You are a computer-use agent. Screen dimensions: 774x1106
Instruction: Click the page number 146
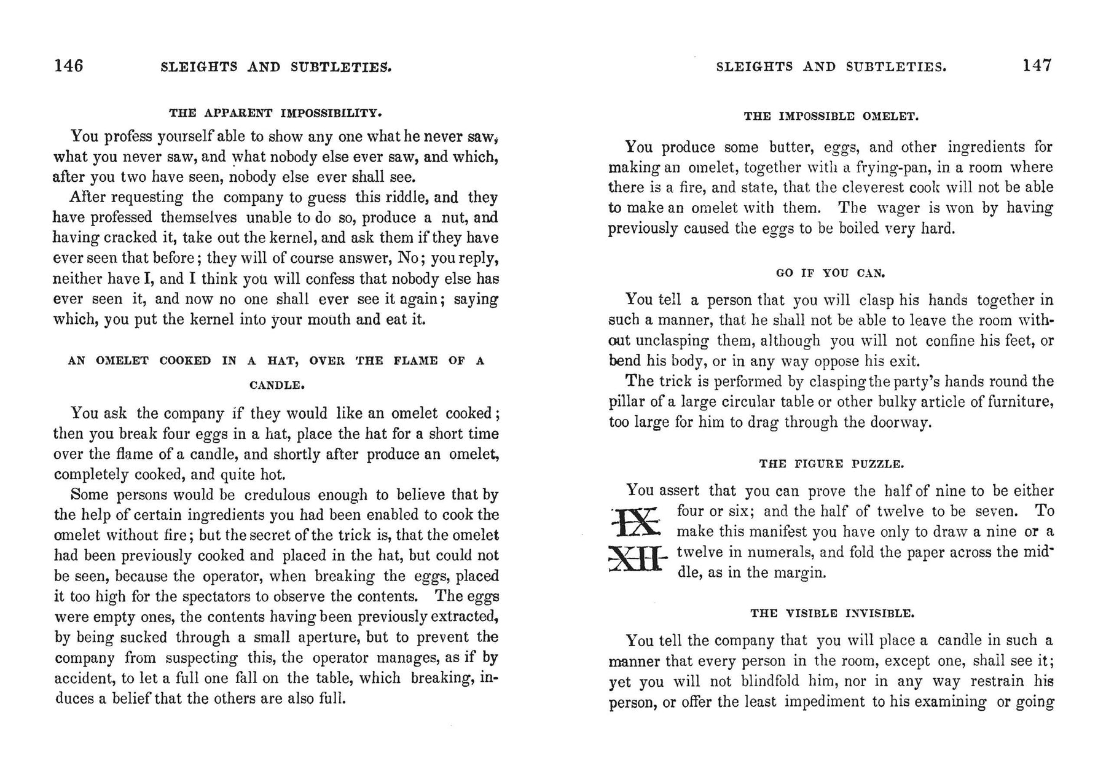point(68,65)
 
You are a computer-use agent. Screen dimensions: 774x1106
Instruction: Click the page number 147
point(1037,65)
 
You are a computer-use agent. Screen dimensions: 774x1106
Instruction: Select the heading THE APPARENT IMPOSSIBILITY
point(276,113)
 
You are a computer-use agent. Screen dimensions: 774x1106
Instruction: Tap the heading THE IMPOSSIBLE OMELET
point(831,115)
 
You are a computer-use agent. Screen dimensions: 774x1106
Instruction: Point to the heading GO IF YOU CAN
point(831,273)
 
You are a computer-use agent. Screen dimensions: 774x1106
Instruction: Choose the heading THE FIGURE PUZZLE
point(831,464)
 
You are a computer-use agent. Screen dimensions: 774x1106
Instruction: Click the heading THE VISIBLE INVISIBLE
point(832,613)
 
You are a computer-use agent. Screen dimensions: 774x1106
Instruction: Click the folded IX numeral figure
point(636,523)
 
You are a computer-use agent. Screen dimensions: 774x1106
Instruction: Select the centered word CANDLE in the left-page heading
point(277,386)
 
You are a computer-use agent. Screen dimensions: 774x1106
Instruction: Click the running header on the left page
point(276,66)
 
